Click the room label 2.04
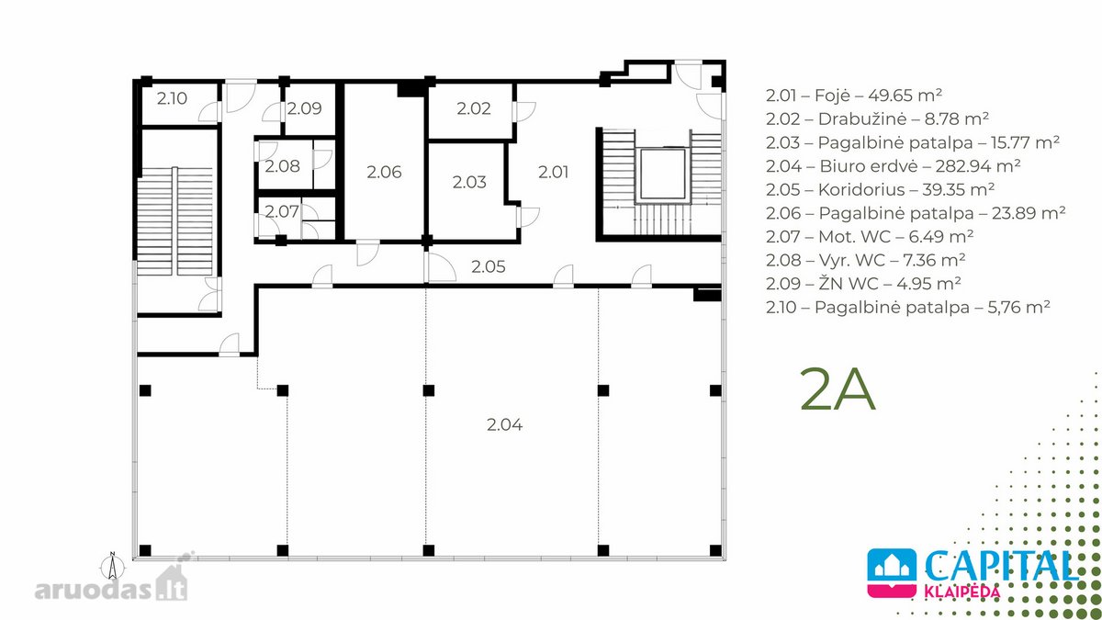(x=504, y=424)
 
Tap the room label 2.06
(x=384, y=172)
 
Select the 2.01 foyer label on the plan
(x=553, y=172)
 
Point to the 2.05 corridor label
(x=488, y=266)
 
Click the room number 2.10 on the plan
(x=172, y=98)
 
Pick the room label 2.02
(x=473, y=108)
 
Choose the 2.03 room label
(x=469, y=182)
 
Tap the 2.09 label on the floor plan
(x=304, y=108)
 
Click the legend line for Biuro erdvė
(x=893, y=166)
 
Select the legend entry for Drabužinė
(x=877, y=118)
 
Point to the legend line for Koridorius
(x=880, y=189)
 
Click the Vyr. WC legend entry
(x=865, y=260)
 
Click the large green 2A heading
(x=838, y=389)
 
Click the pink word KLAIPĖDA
(x=961, y=591)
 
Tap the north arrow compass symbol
(x=113, y=567)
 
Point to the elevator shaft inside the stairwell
(x=662, y=175)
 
